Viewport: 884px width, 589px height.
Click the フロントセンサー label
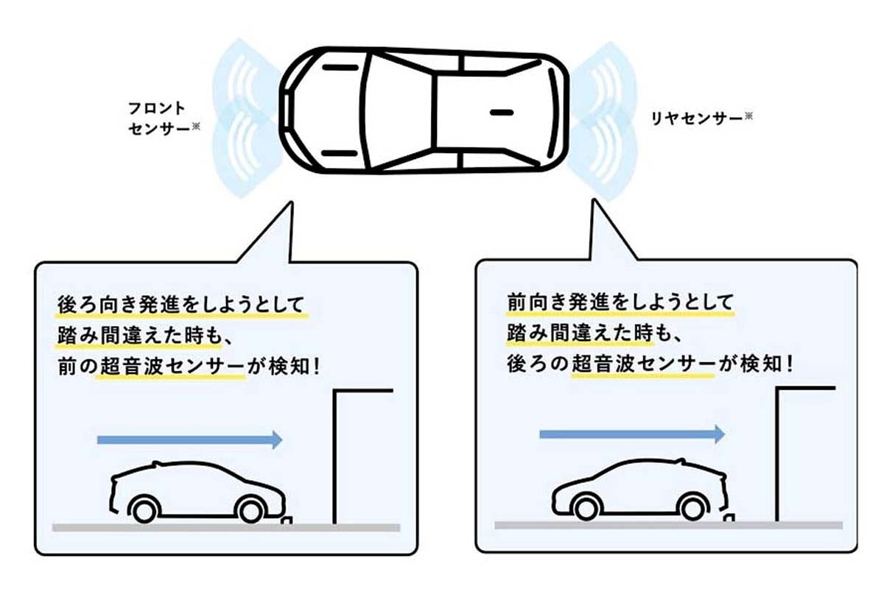click(159, 118)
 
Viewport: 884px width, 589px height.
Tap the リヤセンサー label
click(695, 118)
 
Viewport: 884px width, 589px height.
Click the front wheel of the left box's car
click(251, 509)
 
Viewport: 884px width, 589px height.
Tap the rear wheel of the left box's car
click(144, 509)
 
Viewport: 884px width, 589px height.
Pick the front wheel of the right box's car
click(693, 507)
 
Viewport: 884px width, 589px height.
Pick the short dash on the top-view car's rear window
click(501, 113)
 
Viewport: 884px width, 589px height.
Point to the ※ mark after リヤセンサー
click(748, 116)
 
